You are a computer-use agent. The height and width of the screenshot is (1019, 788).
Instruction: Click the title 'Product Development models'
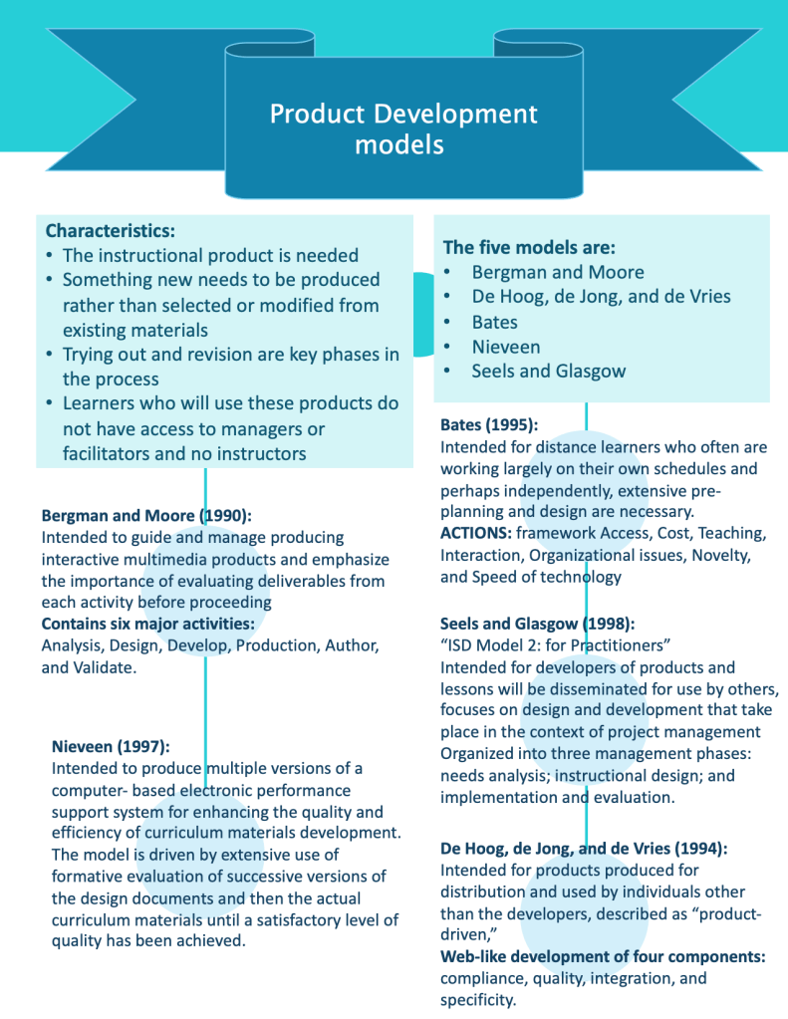(x=403, y=128)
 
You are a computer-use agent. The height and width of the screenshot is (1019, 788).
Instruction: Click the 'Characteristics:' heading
(x=110, y=230)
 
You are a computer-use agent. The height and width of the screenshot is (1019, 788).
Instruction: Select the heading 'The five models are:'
(x=529, y=247)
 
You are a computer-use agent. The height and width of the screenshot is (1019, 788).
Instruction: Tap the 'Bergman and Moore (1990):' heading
(x=146, y=515)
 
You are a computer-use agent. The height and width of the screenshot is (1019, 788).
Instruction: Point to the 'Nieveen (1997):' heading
(x=111, y=745)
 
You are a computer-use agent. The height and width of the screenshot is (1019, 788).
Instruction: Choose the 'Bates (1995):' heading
(x=489, y=424)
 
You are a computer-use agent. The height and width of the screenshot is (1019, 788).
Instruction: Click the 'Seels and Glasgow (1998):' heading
(x=537, y=624)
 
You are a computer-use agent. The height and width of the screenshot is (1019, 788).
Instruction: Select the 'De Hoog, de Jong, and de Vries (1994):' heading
(x=584, y=849)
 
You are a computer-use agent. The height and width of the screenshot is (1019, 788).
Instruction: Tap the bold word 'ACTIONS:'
(x=475, y=533)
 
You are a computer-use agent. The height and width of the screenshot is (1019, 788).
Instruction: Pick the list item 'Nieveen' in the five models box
(x=506, y=347)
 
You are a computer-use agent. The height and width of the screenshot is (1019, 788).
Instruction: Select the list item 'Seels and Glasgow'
(x=548, y=372)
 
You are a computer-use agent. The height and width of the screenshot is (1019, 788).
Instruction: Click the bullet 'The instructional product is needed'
(x=210, y=255)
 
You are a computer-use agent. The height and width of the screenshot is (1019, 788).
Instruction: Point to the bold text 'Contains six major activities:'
(x=147, y=624)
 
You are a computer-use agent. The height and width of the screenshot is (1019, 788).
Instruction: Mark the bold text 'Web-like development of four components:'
(x=603, y=956)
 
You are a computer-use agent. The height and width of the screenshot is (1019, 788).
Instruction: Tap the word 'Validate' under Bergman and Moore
(x=103, y=667)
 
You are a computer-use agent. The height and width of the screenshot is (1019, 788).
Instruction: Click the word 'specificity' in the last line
(x=477, y=1000)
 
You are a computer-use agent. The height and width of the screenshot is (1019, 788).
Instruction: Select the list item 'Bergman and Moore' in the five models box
(x=557, y=272)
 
